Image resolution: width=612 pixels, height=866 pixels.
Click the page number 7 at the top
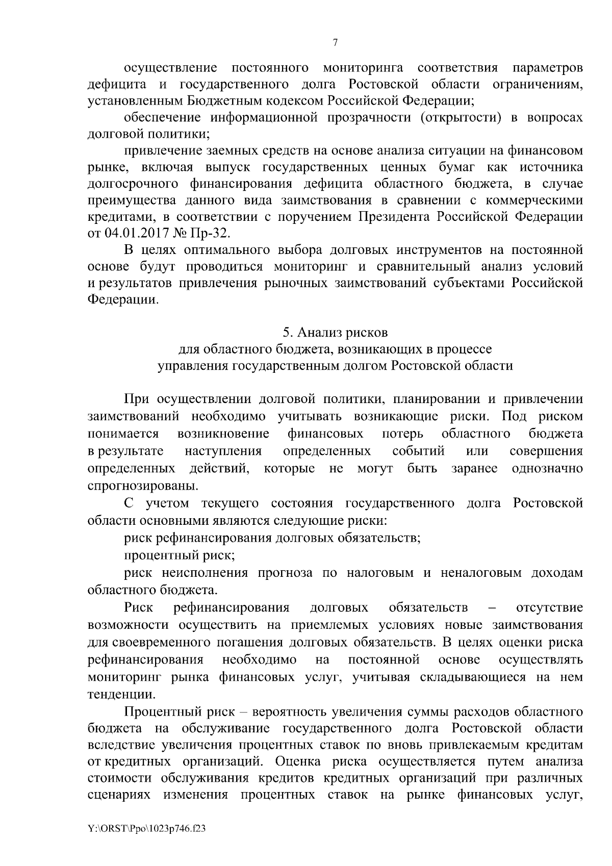coord(335,43)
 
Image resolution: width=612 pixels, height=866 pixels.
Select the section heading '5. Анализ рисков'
coord(335,333)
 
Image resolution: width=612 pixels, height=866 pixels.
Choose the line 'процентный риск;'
coord(179,555)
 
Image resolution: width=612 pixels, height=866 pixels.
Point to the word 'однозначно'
coord(547,468)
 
